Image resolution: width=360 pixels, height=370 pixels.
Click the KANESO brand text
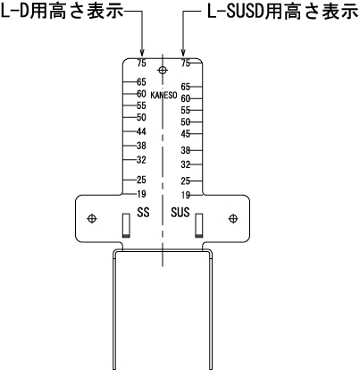[163, 96]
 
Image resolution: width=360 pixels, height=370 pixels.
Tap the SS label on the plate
[143, 213]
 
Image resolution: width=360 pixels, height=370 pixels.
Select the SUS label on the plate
[180, 213]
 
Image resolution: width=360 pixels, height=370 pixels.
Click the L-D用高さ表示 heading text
[62, 12]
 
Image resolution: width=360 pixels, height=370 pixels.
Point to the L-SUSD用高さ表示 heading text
[282, 12]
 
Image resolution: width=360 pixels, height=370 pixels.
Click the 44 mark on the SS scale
[141, 131]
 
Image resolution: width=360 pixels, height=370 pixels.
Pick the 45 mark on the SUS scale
[186, 134]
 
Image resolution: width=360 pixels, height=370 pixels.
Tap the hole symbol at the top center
[163, 71]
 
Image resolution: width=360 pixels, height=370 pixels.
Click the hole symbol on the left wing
[92, 219]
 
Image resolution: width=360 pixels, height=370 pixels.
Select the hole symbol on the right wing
[233, 219]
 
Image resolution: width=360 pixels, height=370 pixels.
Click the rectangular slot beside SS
[126, 225]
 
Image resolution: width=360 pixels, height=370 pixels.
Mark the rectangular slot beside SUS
[199, 225]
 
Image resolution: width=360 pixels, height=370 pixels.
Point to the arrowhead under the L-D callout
[142, 53]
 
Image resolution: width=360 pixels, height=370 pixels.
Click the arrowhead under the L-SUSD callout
[183, 53]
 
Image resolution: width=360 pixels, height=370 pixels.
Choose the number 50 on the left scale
[141, 117]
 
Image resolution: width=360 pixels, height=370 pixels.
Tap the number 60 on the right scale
[186, 98]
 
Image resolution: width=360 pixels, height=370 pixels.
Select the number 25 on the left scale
[141, 180]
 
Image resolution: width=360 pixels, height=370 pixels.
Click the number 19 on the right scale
[186, 195]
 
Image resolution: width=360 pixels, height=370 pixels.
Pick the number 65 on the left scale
[141, 81]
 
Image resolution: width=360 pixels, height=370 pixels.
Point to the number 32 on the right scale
[186, 164]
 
